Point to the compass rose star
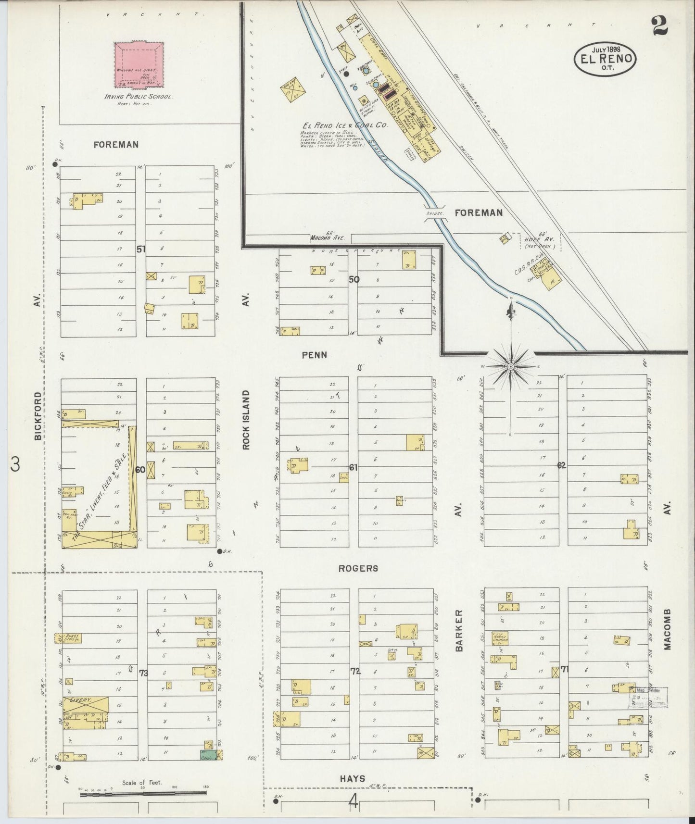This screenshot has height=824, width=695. tap(510, 367)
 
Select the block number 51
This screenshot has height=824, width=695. tap(141, 249)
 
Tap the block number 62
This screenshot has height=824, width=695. tap(562, 465)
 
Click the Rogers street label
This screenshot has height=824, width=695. tap(358, 568)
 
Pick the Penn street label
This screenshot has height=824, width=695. tap(315, 355)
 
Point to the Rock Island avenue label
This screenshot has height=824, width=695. tap(246, 420)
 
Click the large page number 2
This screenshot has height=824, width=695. tap(660, 25)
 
